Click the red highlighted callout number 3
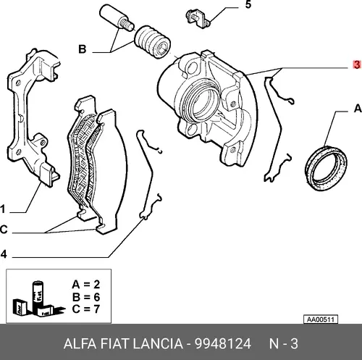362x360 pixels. click(357, 64)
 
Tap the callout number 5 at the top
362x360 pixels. click(248, 4)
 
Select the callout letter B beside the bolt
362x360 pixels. click(83, 49)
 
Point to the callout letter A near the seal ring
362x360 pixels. click(358, 109)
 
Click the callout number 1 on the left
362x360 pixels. click(3, 209)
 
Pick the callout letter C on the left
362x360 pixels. click(4, 230)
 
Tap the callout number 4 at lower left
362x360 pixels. click(4, 254)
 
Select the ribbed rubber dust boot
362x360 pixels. click(153, 42)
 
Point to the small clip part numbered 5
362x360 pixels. click(198, 18)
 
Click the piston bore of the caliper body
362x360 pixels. click(205, 103)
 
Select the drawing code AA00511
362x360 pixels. click(321, 319)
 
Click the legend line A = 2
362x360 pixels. click(86, 285)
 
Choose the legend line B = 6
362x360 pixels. click(86, 297)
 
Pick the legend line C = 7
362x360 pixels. click(86, 309)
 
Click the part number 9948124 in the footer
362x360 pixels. click(223, 343)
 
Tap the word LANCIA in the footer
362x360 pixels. click(158, 343)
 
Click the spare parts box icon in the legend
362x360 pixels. click(38, 299)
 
